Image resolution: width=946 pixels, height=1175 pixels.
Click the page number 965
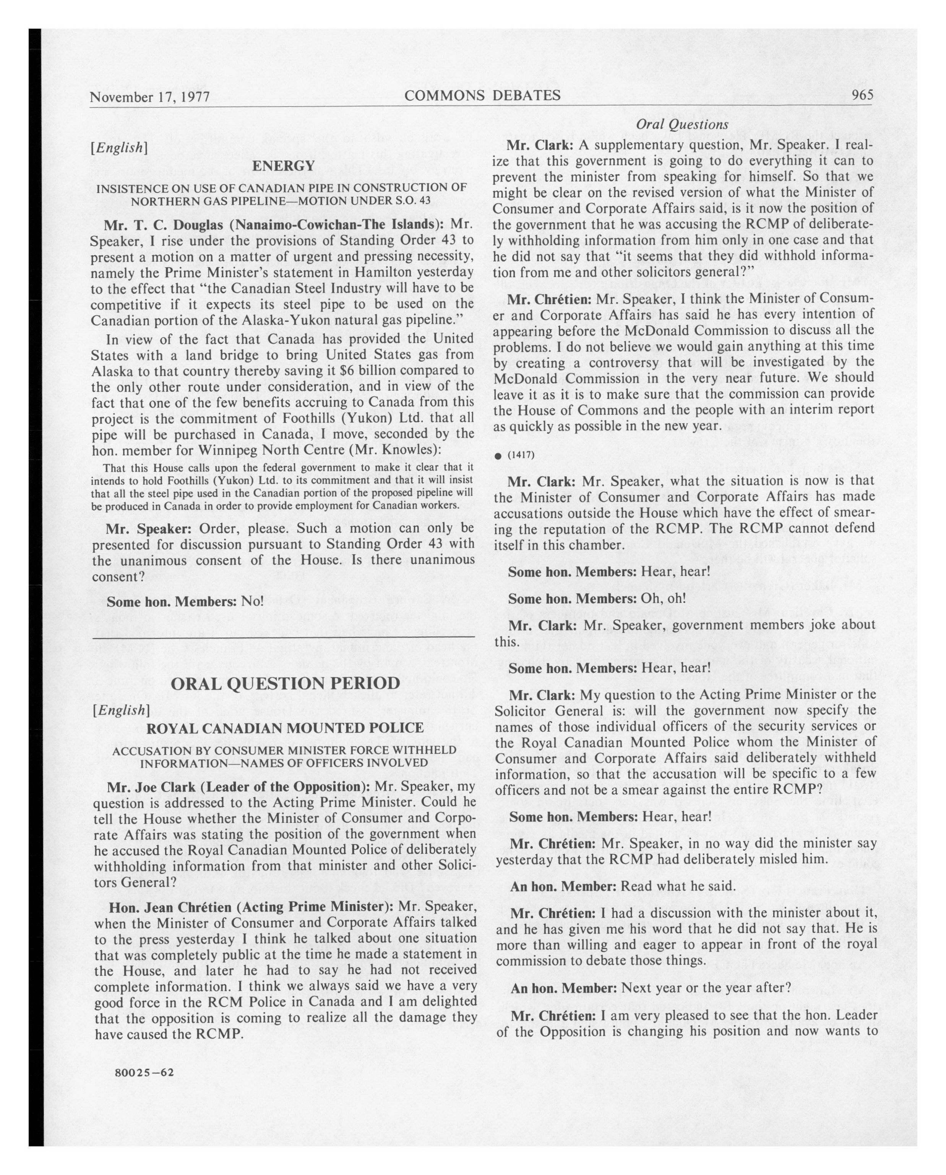click(862, 95)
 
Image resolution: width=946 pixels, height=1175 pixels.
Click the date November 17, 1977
click(150, 97)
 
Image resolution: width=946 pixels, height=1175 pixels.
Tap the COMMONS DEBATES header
click(482, 96)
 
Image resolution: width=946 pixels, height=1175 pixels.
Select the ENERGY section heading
click(283, 166)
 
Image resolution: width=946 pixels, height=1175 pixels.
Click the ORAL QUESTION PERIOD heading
click(285, 683)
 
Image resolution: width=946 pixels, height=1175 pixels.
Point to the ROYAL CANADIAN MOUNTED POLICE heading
click(285, 728)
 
